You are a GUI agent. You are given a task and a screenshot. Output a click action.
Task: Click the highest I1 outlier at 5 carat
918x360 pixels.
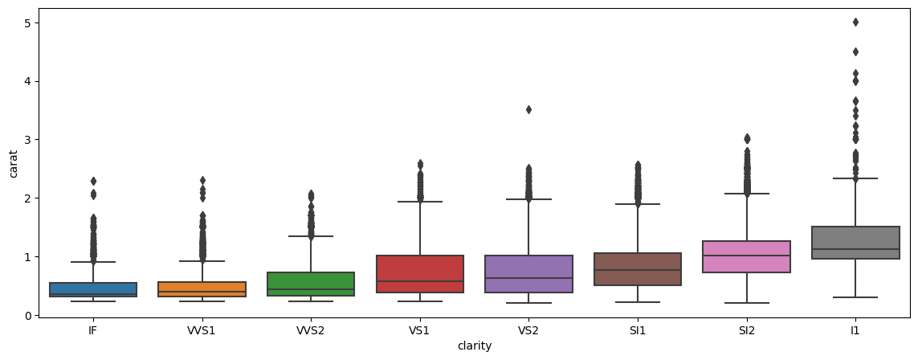pos(855,22)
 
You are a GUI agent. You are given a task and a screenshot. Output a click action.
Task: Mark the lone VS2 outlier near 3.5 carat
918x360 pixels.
pos(528,109)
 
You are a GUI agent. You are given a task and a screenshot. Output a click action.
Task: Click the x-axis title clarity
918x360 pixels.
pos(474,346)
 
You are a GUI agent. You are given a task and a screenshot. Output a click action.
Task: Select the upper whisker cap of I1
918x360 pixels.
pos(855,178)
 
